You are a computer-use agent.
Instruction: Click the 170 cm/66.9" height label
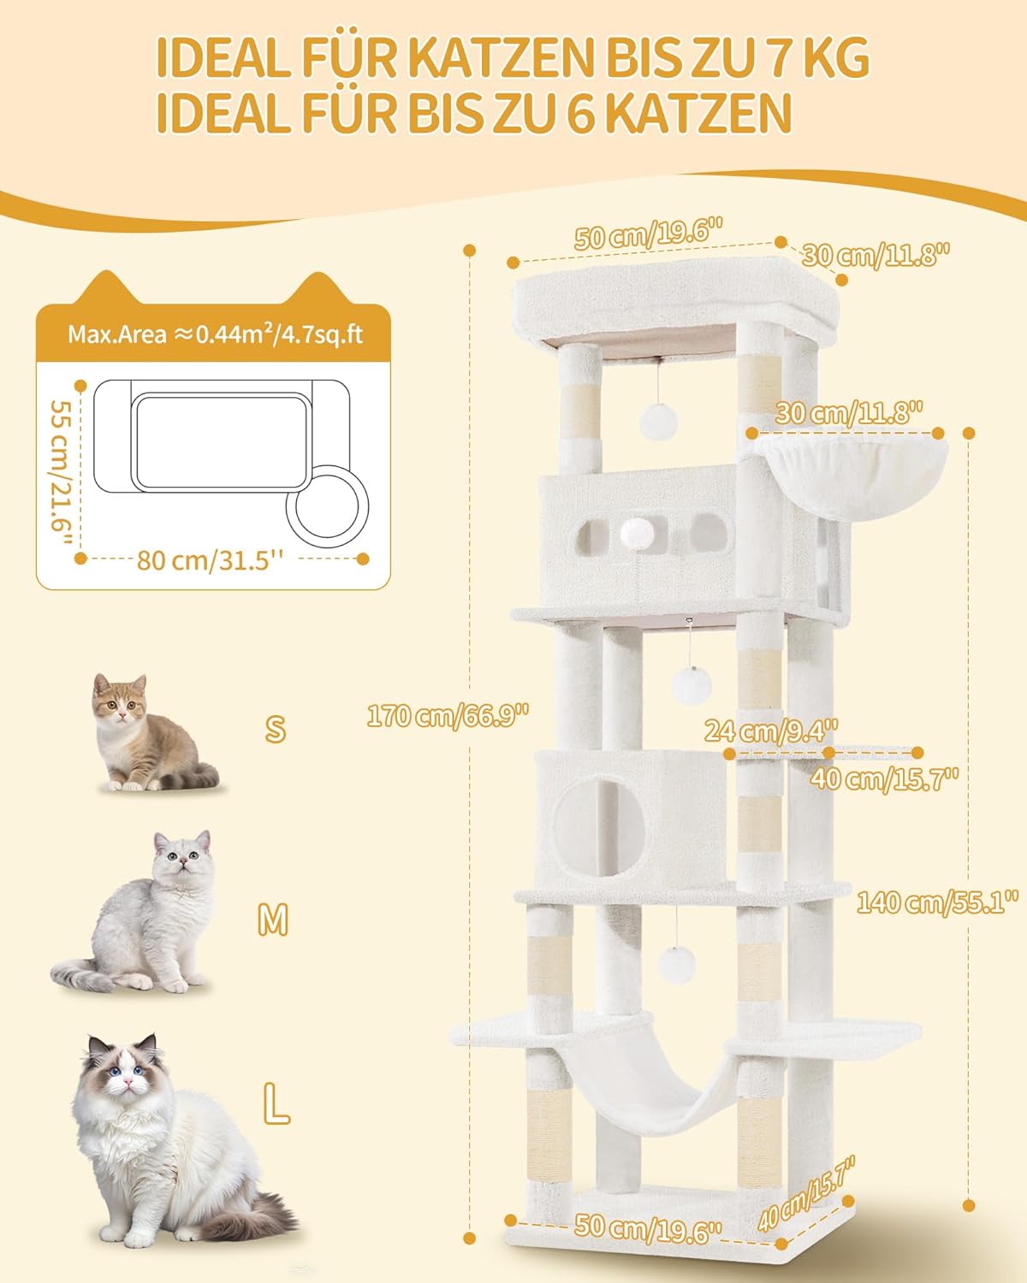(x=448, y=715)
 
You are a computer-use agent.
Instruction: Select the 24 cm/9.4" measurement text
(x=771, y=730)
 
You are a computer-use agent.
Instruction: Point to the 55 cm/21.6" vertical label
(x=61, y=473)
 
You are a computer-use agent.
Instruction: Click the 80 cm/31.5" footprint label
(x=210, y=560)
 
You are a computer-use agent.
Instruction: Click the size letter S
(x=275, y=729)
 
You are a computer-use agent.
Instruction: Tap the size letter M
(x=273, y=919)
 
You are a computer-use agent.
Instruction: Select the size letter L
(x=276, y=1103)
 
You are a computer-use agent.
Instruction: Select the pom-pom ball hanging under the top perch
(x=659, y=422)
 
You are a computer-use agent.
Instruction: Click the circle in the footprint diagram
(x=327, y=506)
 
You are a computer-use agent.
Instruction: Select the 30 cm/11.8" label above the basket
(x=849, y=413)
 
